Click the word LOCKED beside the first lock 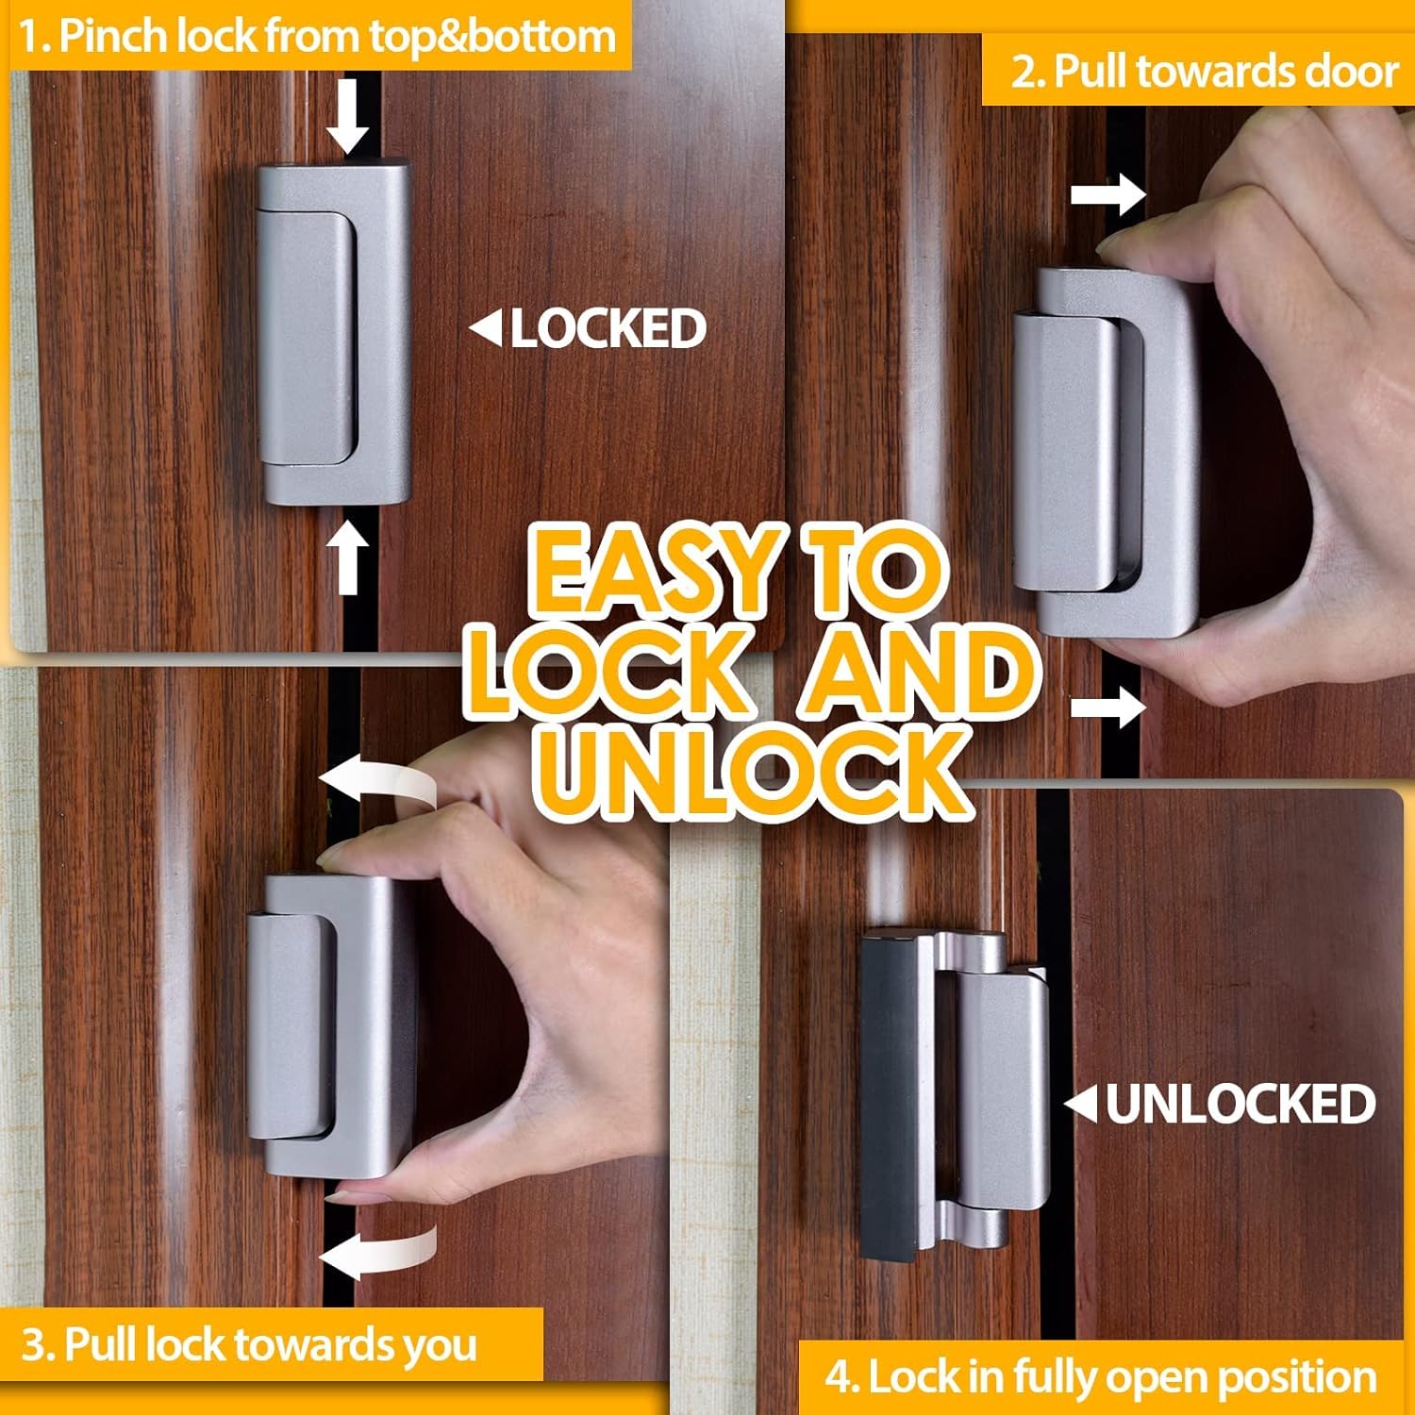608,329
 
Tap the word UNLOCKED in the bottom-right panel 1240,1104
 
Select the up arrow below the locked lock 348,558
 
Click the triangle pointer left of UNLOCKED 1081,1104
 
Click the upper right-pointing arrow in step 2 1107,196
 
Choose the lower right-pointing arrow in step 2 1107,707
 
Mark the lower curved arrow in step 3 377,1250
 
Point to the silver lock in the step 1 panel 335,335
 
